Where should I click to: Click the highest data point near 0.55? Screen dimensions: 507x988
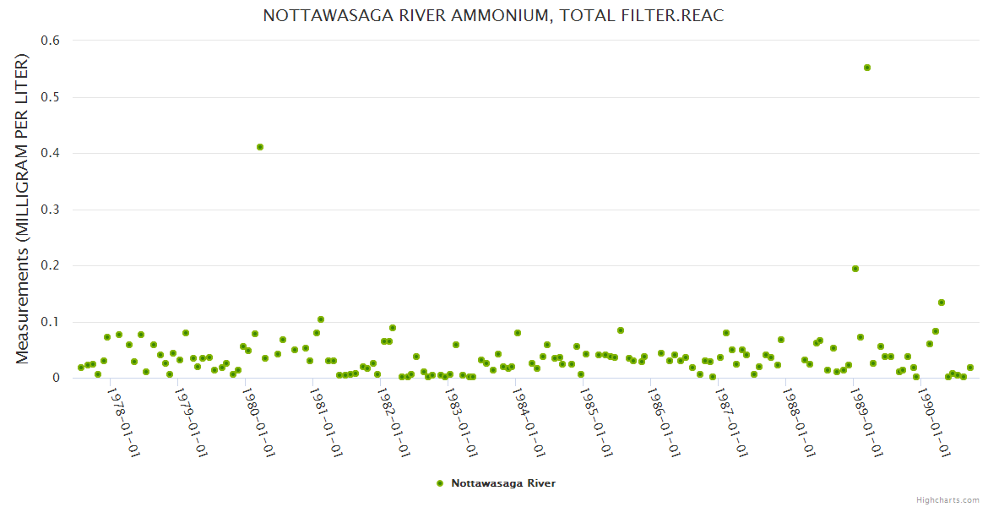click(x=867, y=68)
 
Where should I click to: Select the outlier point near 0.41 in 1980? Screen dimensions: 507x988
click(x=260, y=147)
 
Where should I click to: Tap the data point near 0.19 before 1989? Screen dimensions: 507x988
click(x=855, y=269)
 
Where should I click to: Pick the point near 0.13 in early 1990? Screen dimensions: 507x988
click(x=942, y=303)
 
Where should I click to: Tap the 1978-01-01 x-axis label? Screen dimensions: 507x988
click(x=123, y=422)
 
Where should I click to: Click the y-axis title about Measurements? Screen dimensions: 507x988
click(x=23, y=209)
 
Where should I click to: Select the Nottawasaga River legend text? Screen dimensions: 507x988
click(x=503, y=483)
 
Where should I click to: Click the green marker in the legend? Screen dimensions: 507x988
click(x=439, y=483)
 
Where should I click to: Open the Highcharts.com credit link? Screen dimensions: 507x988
click(x=947, y=499)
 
